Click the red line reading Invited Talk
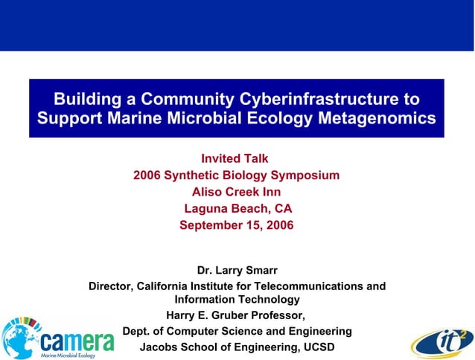coord(235,158)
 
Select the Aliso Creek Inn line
coord(236,192)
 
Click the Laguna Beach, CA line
coord(238,208)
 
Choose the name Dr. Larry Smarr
coord(237,270)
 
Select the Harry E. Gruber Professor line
coord(236,315)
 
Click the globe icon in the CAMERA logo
coord(21,339)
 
